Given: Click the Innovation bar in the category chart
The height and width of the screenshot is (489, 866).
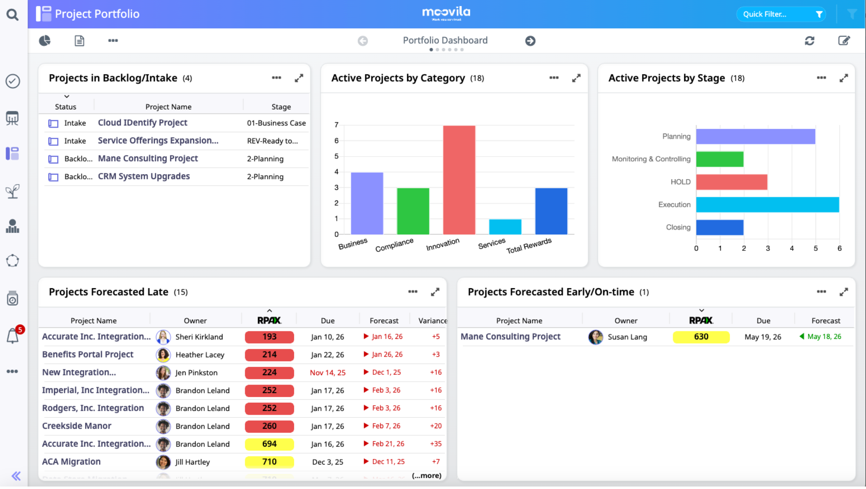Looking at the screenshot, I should click(x=459, y=180).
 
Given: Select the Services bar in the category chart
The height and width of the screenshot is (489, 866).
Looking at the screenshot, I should click(x=505, y=227).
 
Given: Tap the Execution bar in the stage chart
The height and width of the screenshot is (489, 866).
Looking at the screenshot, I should click(x=768, y=205).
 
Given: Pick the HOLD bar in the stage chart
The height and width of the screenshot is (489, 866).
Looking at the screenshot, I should click(x=732, y=182).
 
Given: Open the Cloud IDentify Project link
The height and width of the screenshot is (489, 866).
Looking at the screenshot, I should click(x=142, y=123).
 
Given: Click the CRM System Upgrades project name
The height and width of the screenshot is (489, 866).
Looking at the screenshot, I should click(x=144, y=177).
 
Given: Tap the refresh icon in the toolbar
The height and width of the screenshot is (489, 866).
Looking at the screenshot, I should click(x=810, y=41).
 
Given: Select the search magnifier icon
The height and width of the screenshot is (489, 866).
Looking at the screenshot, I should click(x=12, y=15).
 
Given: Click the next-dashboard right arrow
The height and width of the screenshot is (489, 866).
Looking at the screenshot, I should click(x=530, y=41).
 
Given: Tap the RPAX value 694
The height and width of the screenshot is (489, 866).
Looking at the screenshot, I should click(x=269, y=444).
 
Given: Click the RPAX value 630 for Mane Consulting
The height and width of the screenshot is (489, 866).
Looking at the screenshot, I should click(x=701, y=337).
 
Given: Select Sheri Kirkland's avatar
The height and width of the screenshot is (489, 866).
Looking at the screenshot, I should click(x=163, y=337).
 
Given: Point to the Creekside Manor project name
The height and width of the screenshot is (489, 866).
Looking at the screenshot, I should click(x=77, y=426).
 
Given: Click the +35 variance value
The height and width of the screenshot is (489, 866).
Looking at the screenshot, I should click(x=436, y=444).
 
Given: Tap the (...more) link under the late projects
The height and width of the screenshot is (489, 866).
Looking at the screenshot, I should click(x=426, y=476).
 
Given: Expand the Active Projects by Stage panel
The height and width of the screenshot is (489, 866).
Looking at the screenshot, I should click(x=843, y=78).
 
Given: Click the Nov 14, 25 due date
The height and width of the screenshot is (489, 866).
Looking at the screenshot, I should click(x=327, y=373).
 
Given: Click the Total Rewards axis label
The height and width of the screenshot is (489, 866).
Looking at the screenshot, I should click(x=529, y=246).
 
